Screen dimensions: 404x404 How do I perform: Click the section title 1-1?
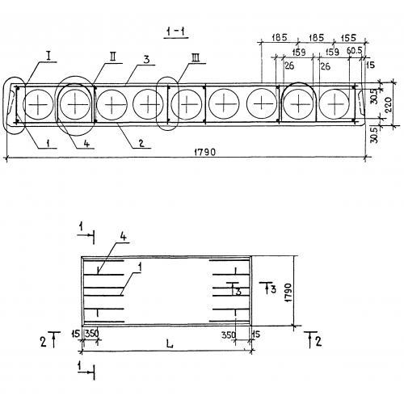(175, 32)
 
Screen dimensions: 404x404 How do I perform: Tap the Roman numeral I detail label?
(48, 57)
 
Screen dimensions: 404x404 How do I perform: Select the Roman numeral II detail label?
(113, 57)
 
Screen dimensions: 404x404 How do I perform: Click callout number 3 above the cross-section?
(146, 59)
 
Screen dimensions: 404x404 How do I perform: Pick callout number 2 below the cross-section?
(142, 143)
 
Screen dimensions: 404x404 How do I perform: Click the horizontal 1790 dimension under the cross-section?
(204, 153)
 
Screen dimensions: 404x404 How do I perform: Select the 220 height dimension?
(389, 104)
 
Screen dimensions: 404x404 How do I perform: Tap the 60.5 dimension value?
(354, 51)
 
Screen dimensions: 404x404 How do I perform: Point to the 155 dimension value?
(348, 38)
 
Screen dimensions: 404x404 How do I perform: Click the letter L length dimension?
(170, 344)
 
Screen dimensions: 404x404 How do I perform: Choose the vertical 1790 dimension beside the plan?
(288, 292)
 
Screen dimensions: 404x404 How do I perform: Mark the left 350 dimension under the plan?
(92, 334)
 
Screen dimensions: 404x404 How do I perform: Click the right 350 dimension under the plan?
(229, 335)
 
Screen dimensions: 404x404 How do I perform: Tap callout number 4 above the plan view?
(123, 237)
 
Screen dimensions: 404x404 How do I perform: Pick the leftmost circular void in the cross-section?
(38, 104)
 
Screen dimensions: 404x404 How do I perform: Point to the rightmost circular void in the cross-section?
(335, 104)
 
